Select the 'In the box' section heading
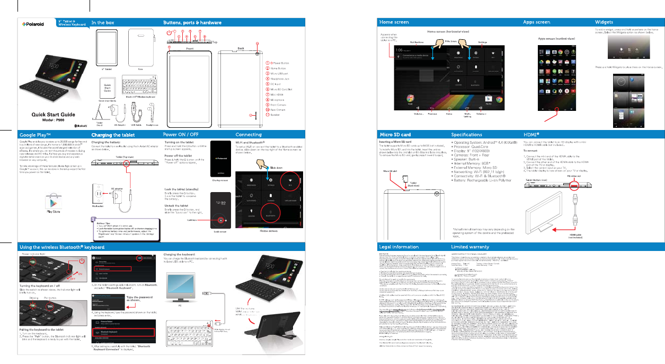(103, 22)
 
